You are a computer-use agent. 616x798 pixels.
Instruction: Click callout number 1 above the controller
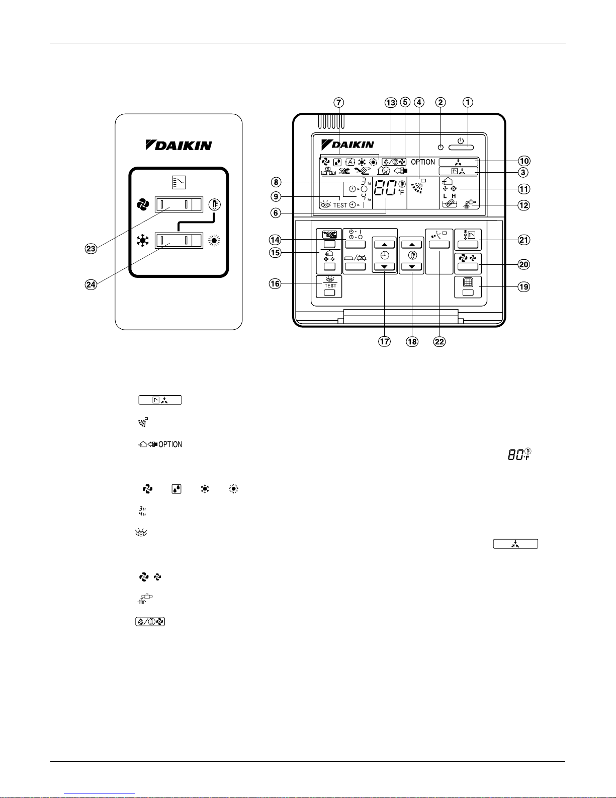pos(468,102)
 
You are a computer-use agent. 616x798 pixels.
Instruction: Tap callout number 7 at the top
pos(339,102)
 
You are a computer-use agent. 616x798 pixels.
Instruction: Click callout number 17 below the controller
pos(385,341)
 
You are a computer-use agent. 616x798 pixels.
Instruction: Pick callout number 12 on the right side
pos(524,205)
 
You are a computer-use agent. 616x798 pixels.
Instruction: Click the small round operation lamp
pos(441,148)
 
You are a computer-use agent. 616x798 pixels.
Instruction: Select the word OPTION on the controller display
pos(423,162)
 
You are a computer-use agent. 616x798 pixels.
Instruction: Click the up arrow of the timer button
pos(385,245)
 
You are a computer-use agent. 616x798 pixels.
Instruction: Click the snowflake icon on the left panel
pos(143,241)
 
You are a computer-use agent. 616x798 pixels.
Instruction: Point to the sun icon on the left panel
pos(215,241)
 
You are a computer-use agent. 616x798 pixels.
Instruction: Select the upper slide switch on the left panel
pos(179,204)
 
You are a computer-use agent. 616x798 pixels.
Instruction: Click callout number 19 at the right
pos(524,286)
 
